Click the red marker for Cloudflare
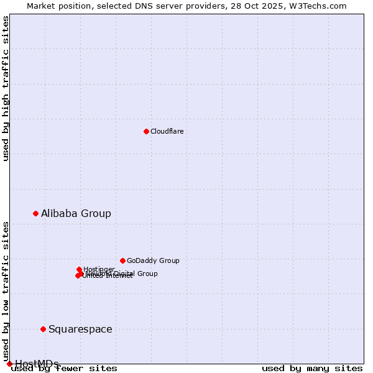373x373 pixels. [146, 131]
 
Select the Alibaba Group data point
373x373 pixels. [35, 213]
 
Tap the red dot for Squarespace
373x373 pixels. [43, 329]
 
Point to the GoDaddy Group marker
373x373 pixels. [122, 260]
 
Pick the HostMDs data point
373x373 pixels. [9, 364]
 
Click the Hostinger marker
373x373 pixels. [79, 269]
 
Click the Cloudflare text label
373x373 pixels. [167, 131]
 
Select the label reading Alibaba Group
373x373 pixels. [76, 213]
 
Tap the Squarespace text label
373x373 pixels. [80, 329]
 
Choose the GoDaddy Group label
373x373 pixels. [153, 260]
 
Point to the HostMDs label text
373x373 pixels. [37, 363]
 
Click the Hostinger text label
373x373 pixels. [99, 269]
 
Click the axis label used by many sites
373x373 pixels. [312, 368]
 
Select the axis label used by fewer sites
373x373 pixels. [64, 368]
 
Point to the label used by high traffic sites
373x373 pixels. [6, 88]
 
